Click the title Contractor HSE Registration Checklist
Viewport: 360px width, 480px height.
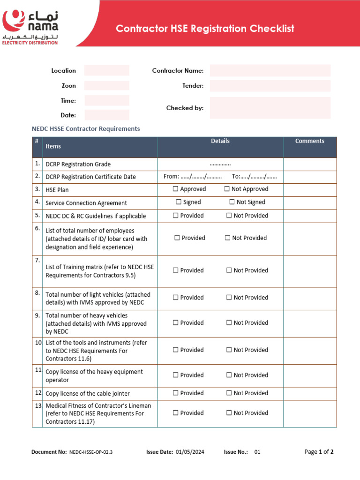[x=205, y=29]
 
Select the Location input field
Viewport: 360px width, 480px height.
[x=106, y=70]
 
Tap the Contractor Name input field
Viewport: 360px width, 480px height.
[x=270, y=70]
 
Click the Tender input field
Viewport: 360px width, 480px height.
[x=270, y=86]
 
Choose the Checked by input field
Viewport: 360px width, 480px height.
[x=270, y=108]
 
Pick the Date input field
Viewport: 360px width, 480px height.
[x=106, y=115]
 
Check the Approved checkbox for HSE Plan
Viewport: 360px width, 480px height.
[x=175, y=189]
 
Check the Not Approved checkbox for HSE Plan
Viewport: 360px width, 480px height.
[x=227, y=189]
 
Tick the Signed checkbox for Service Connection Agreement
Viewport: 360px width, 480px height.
[x=179, y=202]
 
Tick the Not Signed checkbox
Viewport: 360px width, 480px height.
[x=232, y=202]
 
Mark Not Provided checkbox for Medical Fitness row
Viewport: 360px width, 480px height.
[x=229, y=413]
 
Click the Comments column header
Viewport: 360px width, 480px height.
[x=309, y=141]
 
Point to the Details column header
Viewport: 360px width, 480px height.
[x=220, y=141]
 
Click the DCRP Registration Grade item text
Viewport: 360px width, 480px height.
[x=78, y=165]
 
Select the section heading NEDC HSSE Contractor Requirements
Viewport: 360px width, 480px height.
[x=85, y=128]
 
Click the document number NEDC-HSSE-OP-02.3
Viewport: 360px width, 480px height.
[x=91, y=452]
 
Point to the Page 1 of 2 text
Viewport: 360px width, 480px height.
[x=319, y=452]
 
